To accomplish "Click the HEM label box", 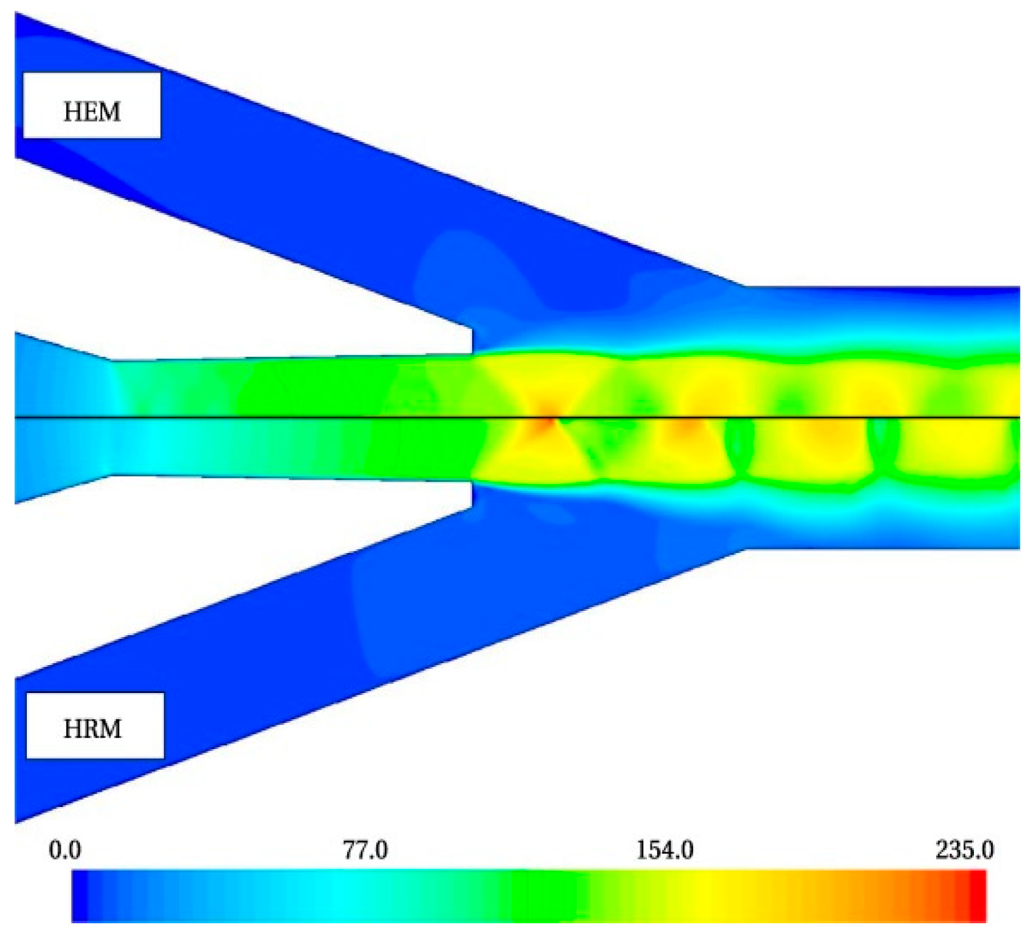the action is (x=92, y=105).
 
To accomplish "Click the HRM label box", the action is (x=95, y=726).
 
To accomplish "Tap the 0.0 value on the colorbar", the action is (x=65, y=850).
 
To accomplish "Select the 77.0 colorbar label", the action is (x=365, y=850).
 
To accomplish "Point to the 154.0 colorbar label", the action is (x=665, y=850).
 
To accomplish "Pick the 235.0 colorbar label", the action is (x=965, y=850).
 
